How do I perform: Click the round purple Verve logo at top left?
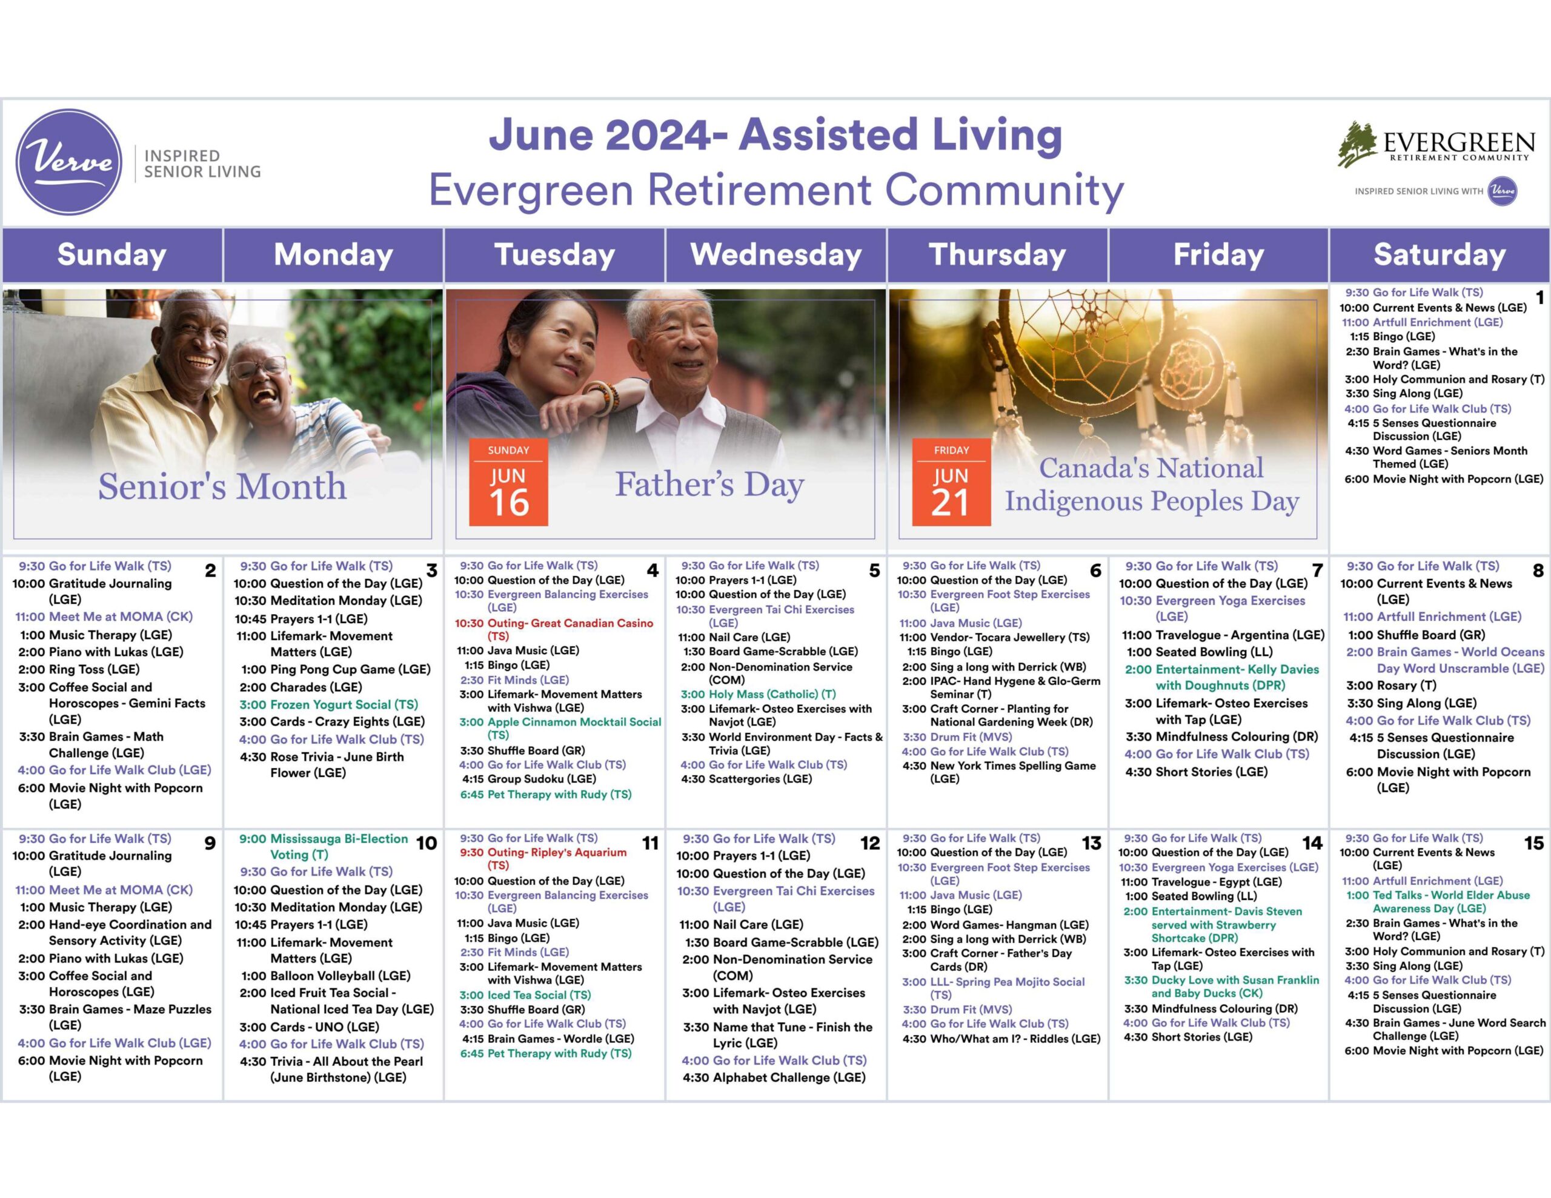[69, 162]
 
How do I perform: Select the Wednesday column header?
[775, 254]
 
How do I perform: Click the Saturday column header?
[1440, 254]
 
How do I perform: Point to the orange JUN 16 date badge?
[508, 482]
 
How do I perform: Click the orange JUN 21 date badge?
[951, 482]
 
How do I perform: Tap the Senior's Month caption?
[222, 486]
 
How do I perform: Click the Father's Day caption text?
[709, 485]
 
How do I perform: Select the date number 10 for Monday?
[426, 843]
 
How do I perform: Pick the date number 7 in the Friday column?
[1317, 571]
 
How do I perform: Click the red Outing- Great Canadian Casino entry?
[554, 629]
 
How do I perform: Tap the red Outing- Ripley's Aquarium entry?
[543, 859]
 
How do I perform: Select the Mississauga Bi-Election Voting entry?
[324, 847]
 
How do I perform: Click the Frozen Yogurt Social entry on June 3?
[329, 704]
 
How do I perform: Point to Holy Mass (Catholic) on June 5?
[758, 694]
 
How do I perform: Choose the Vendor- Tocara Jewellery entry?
[994, 637]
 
